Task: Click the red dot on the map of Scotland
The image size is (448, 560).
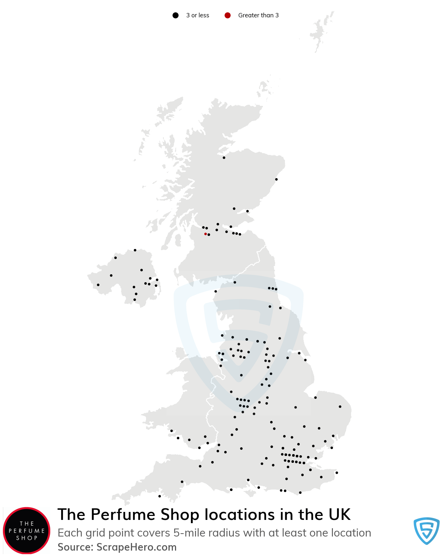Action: click(205, 234)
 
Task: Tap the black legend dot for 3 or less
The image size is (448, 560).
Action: click(175, 15)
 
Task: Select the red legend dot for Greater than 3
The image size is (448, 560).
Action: click(227, 15)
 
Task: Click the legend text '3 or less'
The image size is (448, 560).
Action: click(197, 15)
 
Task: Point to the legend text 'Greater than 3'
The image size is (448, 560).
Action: click(258, 15)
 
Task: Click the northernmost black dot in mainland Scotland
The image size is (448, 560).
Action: click(224, 158)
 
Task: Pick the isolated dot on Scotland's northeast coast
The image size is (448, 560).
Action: click(276, 179)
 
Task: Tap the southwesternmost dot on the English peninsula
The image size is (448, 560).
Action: click(159, 496)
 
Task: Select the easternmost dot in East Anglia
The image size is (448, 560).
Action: click(340, 406)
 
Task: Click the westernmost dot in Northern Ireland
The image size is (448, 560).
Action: click(98, 285)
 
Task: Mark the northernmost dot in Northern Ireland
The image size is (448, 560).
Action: click(135, 250)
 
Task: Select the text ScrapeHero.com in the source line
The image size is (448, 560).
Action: click(136, 547)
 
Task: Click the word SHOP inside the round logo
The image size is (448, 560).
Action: click(27, 538)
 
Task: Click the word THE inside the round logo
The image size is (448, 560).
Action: click(27, 524)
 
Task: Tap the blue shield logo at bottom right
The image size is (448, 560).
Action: click(426, 531)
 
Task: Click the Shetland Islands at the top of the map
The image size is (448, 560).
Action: click(320, 31)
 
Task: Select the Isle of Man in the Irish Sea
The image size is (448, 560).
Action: click(180, 353)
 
